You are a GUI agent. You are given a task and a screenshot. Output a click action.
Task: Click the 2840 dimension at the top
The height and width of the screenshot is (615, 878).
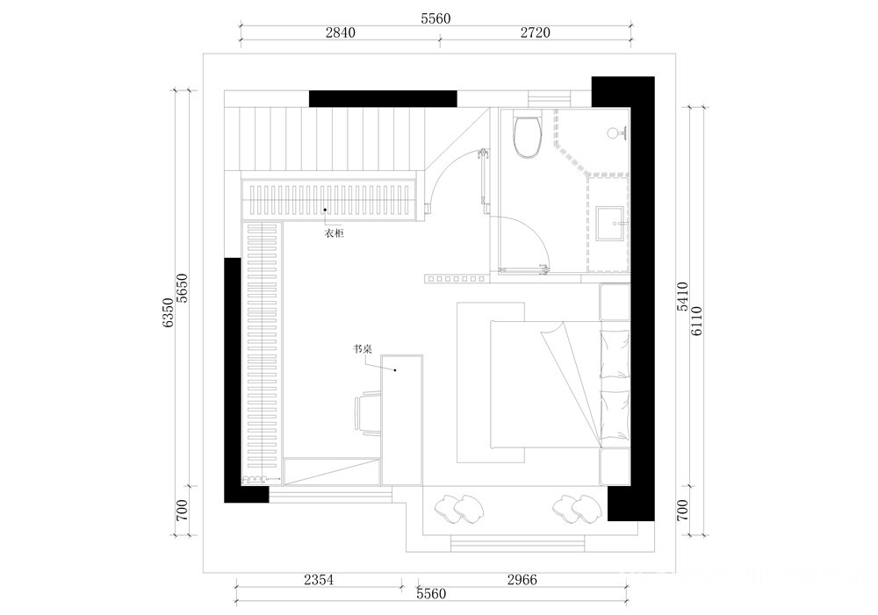point(341,32)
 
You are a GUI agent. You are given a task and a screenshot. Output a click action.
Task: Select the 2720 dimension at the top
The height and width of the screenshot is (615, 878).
point(536,32)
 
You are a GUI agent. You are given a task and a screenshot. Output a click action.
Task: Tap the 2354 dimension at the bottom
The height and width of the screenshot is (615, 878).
point(319,580)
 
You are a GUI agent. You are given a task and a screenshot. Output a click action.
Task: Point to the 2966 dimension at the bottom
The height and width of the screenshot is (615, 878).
point(522,580)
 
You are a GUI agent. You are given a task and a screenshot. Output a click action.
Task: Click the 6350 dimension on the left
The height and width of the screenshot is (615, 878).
point(168,312)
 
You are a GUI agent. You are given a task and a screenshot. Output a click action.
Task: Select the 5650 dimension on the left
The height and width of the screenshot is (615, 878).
point(183,288)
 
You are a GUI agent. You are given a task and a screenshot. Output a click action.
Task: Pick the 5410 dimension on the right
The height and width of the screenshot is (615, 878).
point(682,297)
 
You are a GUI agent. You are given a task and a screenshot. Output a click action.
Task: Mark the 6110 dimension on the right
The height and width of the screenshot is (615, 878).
point(696,320)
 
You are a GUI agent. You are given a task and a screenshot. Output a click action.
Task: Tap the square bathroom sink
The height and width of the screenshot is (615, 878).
point(610,224)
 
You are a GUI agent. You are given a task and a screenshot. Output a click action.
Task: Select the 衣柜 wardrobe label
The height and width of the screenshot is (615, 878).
point(335,232)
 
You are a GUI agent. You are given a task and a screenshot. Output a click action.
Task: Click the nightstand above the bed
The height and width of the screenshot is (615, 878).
point(615,302)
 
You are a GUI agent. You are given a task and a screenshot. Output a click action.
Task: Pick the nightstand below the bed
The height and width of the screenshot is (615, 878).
point(615,466)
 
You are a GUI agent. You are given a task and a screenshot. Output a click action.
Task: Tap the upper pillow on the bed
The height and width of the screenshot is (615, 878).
point(615,354)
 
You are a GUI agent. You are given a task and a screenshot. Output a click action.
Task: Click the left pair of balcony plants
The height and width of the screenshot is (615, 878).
point(459,509)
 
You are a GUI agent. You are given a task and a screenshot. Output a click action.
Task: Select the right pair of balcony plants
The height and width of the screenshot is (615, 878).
point(578,509)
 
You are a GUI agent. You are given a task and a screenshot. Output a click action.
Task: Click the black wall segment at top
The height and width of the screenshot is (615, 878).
point(383,98)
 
